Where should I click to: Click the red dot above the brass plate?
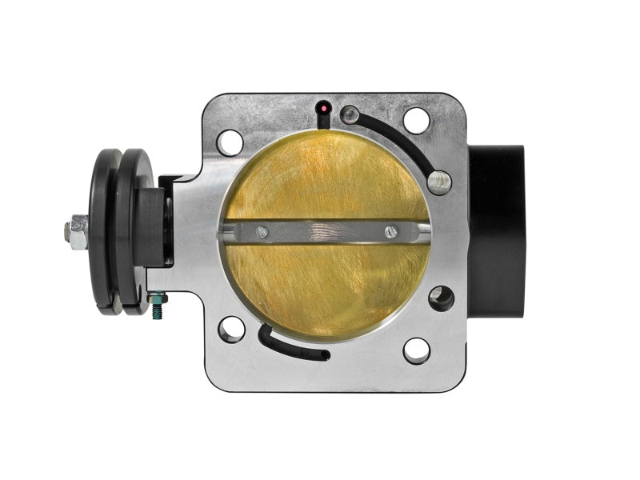323,107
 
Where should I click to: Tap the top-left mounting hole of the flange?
230,142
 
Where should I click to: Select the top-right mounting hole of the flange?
416,121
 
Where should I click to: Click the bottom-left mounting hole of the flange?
231,329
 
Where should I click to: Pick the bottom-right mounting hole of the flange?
416,350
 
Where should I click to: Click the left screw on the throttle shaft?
260,232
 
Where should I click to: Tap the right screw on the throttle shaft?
390,232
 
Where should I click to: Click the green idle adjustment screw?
158,302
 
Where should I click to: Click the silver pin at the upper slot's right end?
439,181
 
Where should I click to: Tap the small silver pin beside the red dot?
350,115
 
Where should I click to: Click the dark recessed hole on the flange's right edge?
440,298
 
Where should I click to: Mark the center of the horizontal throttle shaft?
324,232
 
